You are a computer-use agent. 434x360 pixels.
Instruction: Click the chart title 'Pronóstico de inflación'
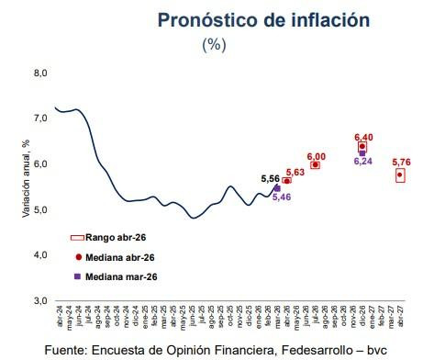(x=251, y=19)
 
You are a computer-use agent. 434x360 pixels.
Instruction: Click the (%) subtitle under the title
(x=214, y=45)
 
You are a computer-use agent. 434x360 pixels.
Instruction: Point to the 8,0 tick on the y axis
(x=39, y=73)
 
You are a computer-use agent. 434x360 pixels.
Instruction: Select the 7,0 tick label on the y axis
(x=39, y=118)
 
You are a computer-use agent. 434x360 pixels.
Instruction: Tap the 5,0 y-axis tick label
(x=39, y=209)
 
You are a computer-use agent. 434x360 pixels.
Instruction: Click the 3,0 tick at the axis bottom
(x=39, y=300)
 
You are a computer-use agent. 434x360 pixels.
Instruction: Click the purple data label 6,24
(x=363, y=161)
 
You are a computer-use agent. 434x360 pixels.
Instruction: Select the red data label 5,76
(x=401, y=162)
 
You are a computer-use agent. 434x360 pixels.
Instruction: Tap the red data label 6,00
(x=317, y=156)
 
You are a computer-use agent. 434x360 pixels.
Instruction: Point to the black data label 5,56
(x=271, y=179)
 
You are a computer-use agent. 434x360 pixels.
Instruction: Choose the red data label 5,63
(x=295, y=172)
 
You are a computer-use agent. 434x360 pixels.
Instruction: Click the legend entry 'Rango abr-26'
(x=111, y=237)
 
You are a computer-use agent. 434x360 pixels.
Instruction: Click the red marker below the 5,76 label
(x=400, y=174)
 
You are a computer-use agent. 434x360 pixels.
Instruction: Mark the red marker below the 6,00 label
(x=316, y=165)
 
